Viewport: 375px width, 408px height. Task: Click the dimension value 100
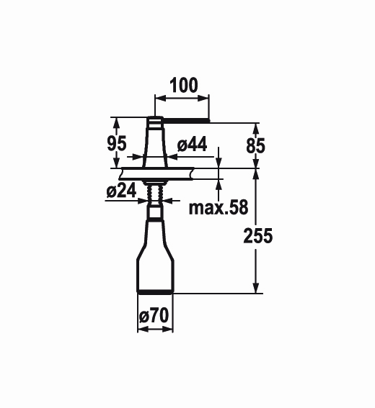184,86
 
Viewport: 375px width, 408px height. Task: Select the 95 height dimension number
117,143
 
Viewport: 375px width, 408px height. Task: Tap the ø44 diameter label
193,144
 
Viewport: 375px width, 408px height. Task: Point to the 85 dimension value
255,145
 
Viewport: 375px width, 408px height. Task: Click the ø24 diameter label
121,191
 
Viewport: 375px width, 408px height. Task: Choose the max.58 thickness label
219,208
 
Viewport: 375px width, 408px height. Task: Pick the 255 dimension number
258,236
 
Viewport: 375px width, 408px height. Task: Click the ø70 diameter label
154,316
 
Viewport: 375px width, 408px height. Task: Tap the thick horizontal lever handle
186,120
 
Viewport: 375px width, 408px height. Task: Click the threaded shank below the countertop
155,194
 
